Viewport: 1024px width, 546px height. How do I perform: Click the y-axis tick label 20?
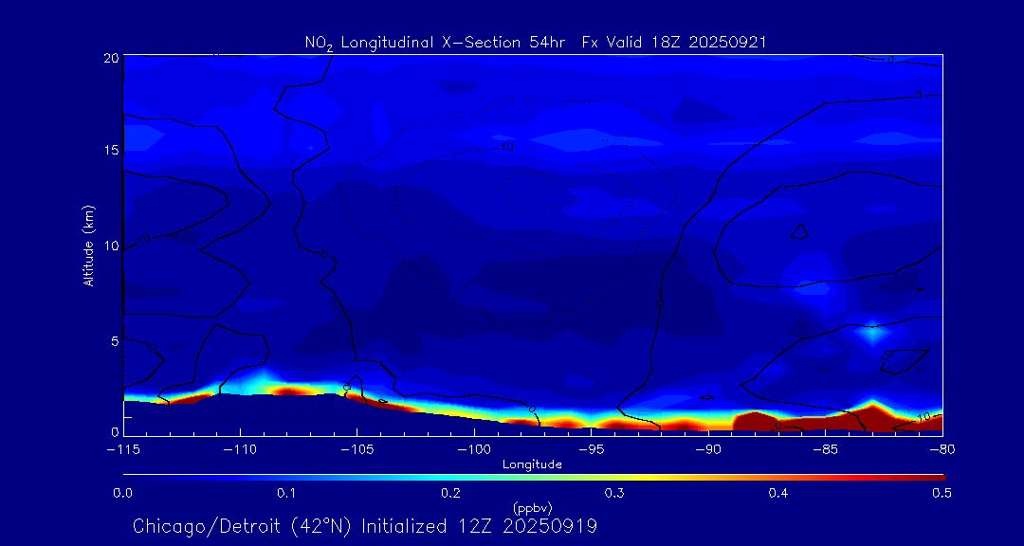pyautogui.click(x=110, y=58)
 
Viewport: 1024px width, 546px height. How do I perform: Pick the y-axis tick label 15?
pyautogui.click(x=110, y=151)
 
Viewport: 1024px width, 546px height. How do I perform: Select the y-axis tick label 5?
pyautogui.click(x=114, y=340)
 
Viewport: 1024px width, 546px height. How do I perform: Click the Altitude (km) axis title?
pyautogui.click(x=89, y=246)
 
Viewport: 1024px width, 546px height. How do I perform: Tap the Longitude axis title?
pyautogui.click(x=532, y=464)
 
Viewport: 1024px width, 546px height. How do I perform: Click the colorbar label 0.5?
pyautogui.click(x=942, y=493)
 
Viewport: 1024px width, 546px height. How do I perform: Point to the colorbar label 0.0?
pyautogui.click(x=122, y=493)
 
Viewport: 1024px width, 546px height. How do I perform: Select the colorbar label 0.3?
pyautogui.click(x=614, y=493)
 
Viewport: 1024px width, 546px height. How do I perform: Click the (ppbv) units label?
pyautogui.click(x=532, y=508)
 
